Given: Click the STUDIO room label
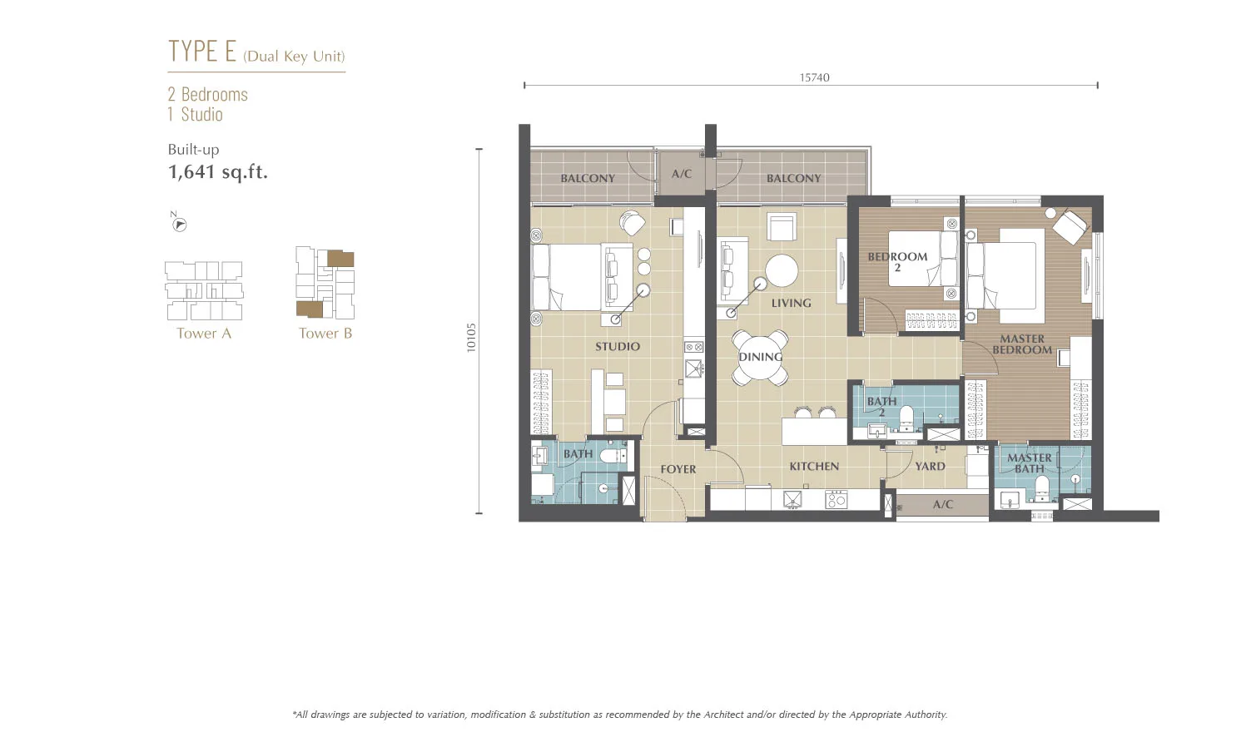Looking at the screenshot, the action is click(x=618, y=346).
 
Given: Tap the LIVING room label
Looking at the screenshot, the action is click(x=792, y=304).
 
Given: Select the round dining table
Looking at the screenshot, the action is click(x=760, y=358).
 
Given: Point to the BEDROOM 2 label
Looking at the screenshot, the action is click(x=897, y=262).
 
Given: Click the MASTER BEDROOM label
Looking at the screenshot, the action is click(x=1022, y=344).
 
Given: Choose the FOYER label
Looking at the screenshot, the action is click(x=678, y=469).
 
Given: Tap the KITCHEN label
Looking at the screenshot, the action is click(x=814, y=467).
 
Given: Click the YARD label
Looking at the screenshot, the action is click(x=931, y=467).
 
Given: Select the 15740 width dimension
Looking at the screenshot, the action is click(x=814, y=77).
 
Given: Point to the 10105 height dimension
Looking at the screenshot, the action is click(x=471, y=338).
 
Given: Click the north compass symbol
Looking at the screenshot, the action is click(x=179, y=224).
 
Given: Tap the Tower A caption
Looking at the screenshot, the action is click(x=204, y=334).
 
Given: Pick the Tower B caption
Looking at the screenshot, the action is click(x=325, y=334).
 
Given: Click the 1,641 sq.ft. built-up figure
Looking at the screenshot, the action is click(x=218, y=171).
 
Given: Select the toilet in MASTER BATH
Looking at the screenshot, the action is click(x=1041, y=487).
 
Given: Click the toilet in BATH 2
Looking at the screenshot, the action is click(x=906, y=418).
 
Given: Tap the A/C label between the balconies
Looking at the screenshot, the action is click(x=681, y=174).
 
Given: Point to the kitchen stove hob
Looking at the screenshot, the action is click(x=836, y=499).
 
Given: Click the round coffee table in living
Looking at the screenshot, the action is click(x=782, y=271).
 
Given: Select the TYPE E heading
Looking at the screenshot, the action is click(x=202, y=51).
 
